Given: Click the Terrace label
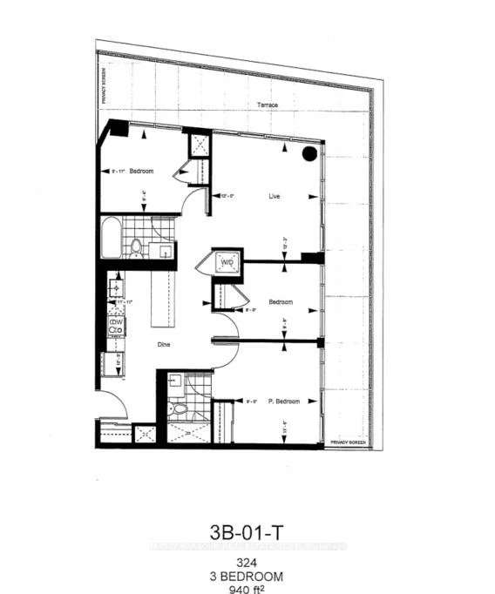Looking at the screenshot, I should point(268,105).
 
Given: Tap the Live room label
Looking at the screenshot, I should point(274,197).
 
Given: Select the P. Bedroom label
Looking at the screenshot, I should point(283,402).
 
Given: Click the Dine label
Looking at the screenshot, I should point(162,344).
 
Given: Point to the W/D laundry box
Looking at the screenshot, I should point(226,262).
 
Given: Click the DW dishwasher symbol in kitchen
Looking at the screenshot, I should point(115,326).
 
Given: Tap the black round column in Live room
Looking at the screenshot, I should point(309,154).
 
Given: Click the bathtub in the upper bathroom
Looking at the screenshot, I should point(110,238).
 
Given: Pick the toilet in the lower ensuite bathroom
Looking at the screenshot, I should point(180,409).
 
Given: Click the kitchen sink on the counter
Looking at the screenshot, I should point(114,285).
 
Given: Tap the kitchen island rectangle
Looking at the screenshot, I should point(162,297).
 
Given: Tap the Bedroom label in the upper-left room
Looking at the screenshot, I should point(141,172).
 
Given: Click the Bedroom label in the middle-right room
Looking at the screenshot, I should point(281,302).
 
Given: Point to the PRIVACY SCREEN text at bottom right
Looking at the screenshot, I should point(349,443).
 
